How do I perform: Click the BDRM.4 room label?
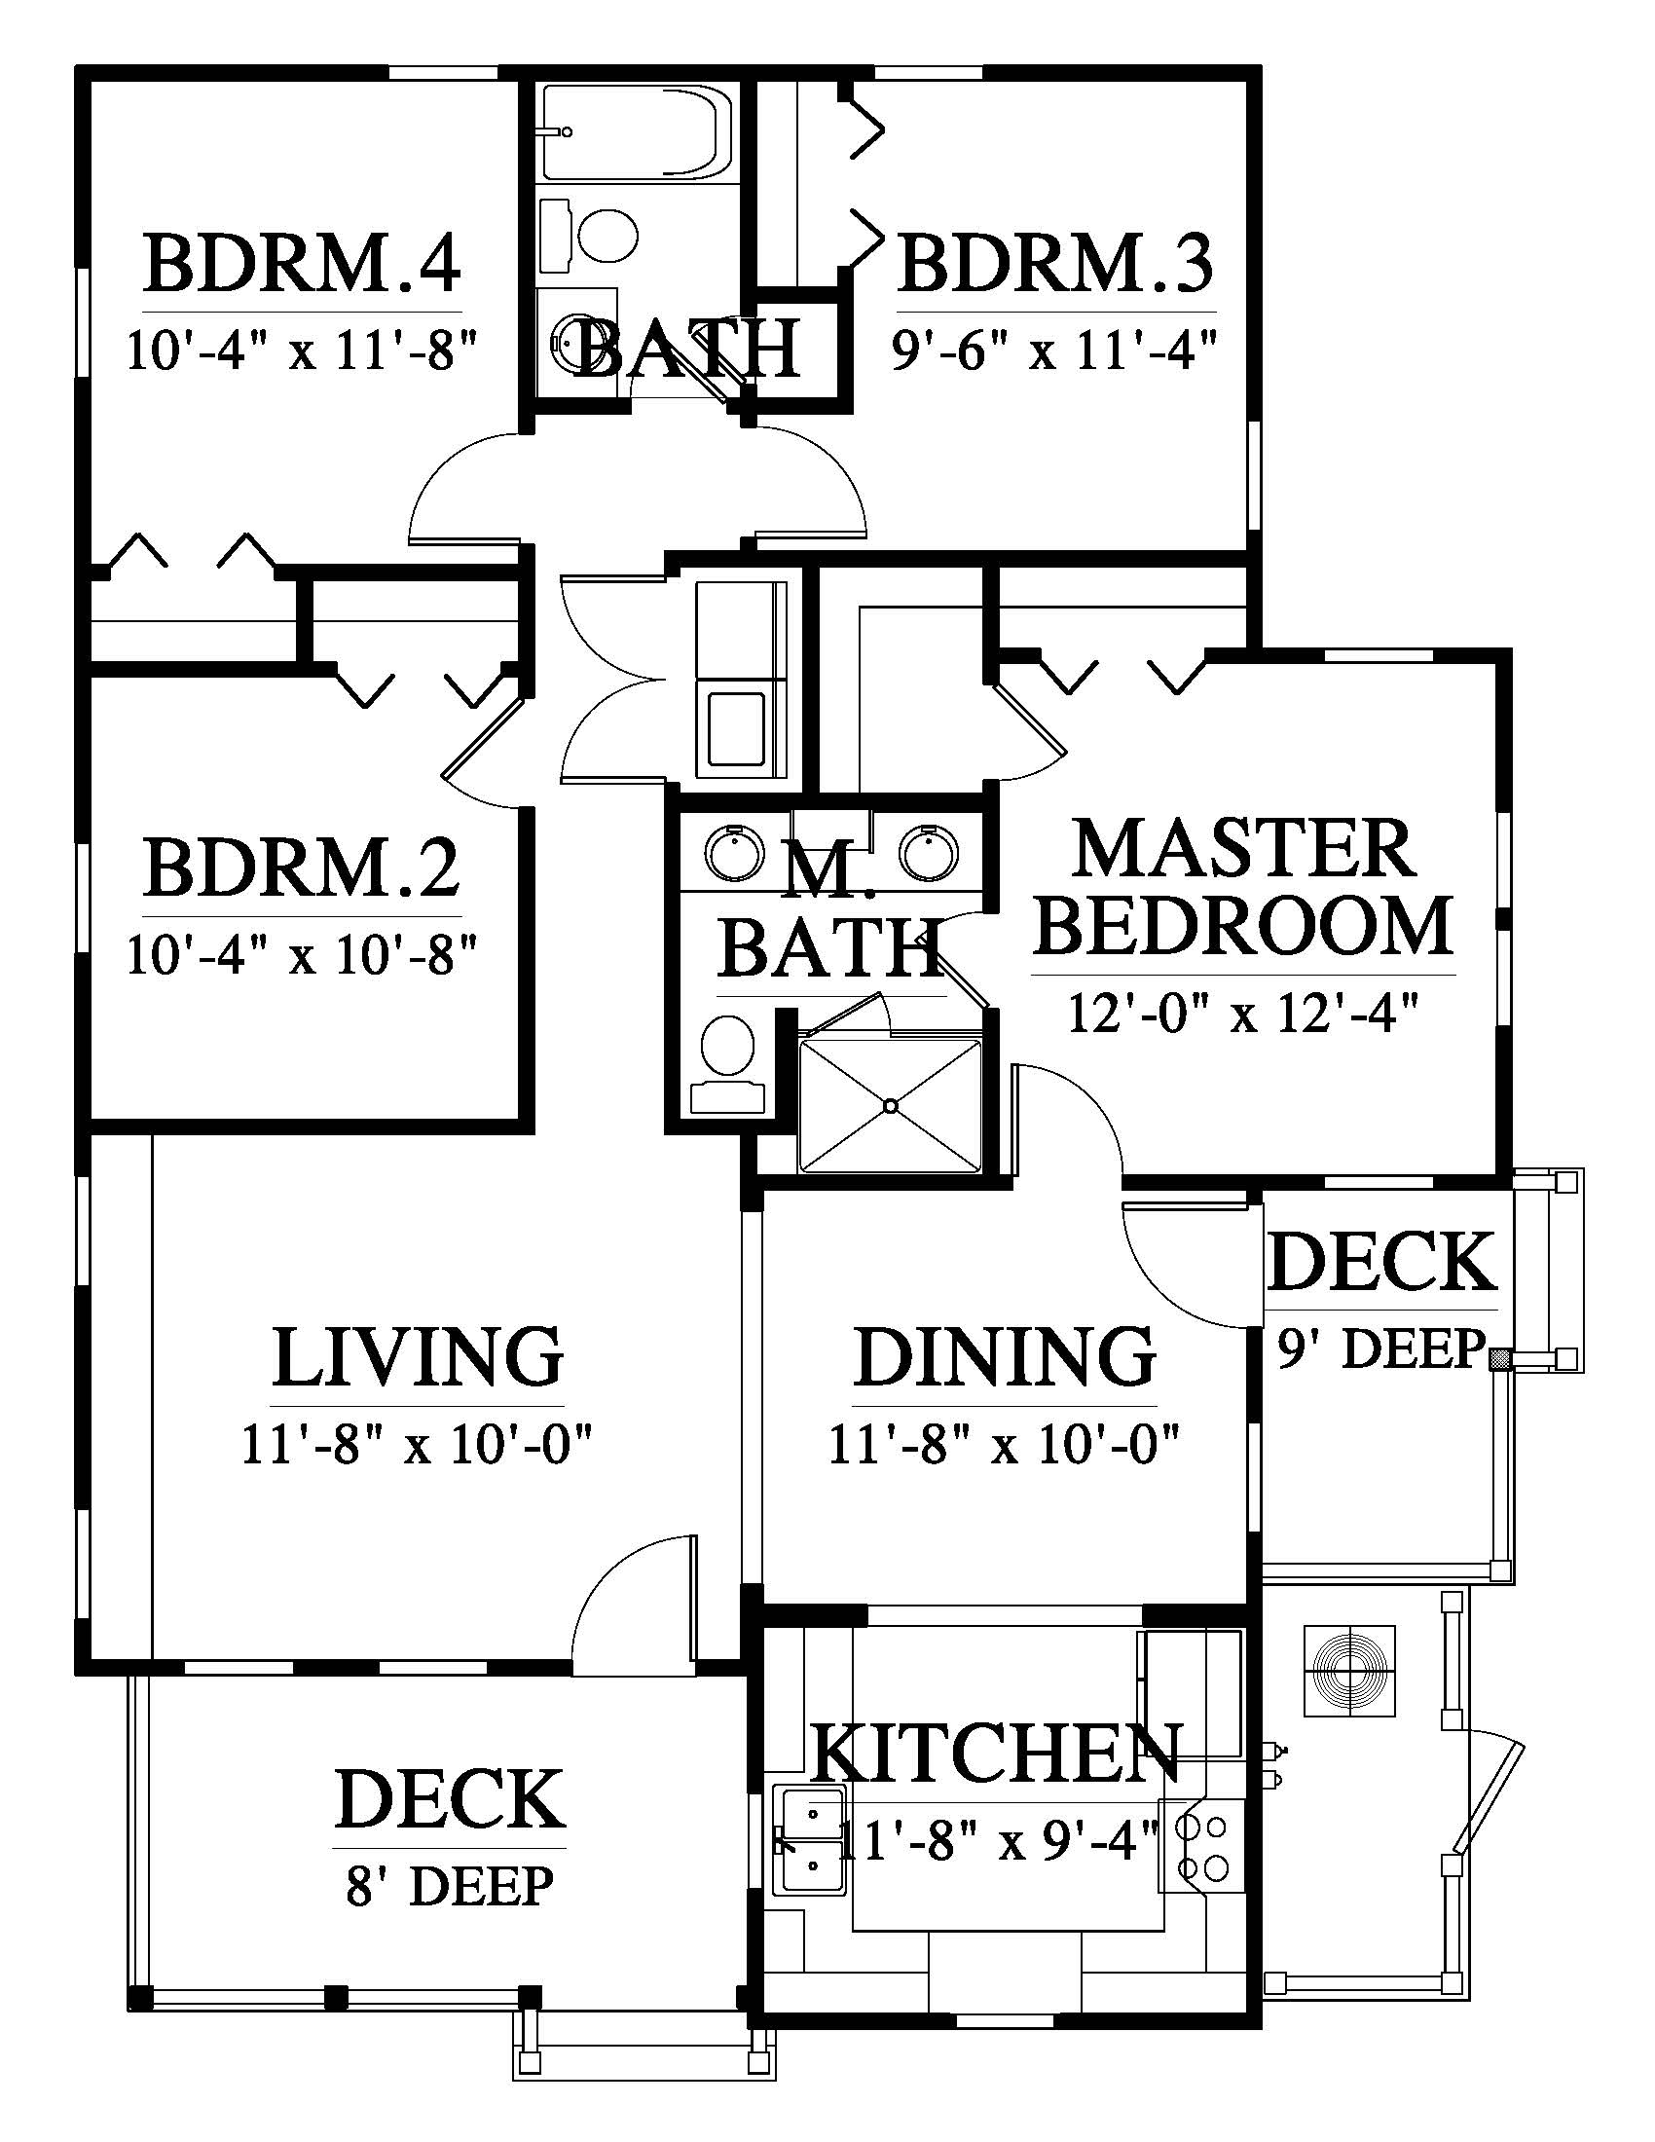pyautogui.click(x=302, y=262)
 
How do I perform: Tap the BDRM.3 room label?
pyautogui.click(x=1056, y=262)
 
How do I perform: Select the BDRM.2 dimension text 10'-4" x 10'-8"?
pyautogui.click(x=302, y=954)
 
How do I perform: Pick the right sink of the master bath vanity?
pyautogui.click(x=928, y=853)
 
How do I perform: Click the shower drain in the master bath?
pyautogui.click(x=890, y=1106)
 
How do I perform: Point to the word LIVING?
pyautogui.click(x=418, y=1356)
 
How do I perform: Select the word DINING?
pyautogui.click(x=1005, y=1356)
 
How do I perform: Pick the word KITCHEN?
pyautogui.click(x=997, y=1753)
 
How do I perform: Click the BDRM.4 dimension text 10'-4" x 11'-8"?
pyautogui.click(x=302, y=350)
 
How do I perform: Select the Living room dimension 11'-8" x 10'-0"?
pyautogui.click(x=417, y=1444)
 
